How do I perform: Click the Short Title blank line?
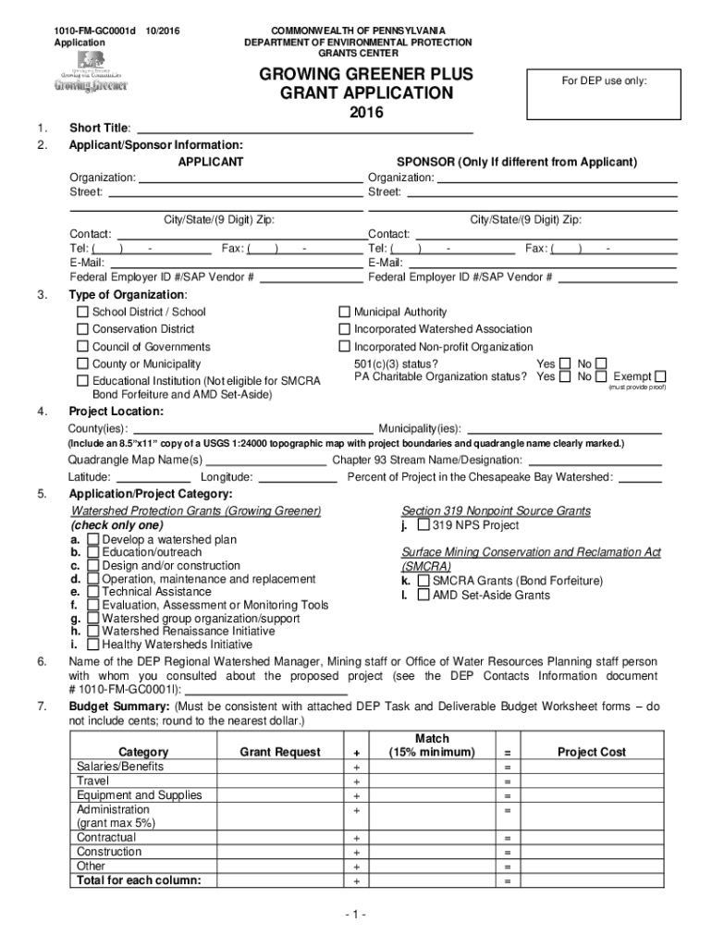(304, 129)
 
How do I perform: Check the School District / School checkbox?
(83, 313)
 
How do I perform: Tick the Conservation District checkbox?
(83, 330)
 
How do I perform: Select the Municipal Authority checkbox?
(345, 313)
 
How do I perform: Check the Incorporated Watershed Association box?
(345, 330)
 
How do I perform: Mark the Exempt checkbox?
(659, 377)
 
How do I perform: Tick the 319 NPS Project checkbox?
(424, 526)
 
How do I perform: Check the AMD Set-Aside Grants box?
(424, 595)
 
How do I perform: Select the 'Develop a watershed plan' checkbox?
(93, 539)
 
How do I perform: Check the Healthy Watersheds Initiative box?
(93, 645)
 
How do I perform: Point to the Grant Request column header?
(280, 753)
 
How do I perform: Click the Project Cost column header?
(592, 753)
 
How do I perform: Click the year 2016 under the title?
(364, 114)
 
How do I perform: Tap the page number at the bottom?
(356, 916)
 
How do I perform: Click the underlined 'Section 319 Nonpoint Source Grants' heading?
(496, 511)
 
